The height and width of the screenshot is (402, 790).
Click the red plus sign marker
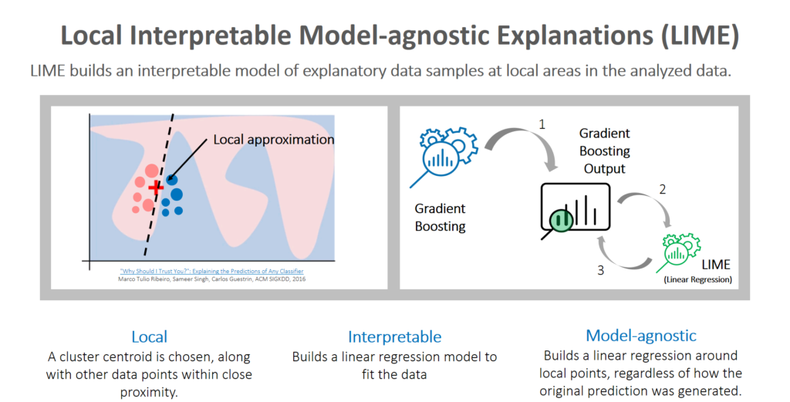pos(157,187)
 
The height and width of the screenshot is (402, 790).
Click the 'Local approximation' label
pos(273,140)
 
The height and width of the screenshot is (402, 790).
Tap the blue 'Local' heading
pos(149,336)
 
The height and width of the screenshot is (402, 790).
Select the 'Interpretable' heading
pos(394,336)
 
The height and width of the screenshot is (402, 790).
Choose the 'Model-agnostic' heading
pos(640,335)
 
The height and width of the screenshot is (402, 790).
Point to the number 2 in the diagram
pos(660,188)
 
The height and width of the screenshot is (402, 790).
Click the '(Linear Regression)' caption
pos(697,279)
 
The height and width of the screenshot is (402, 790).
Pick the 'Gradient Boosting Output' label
pos(606,150)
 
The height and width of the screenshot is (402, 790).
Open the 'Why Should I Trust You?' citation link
pos(211,272)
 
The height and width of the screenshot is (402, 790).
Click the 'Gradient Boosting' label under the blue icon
pos(441,217)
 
